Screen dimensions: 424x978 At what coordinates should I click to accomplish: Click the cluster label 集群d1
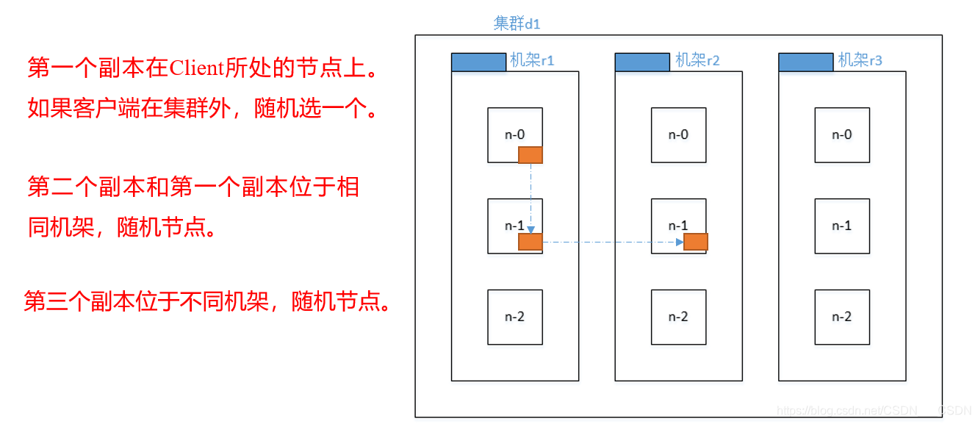coord(517,24)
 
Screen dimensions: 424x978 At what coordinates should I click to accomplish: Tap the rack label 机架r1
coord(532,60)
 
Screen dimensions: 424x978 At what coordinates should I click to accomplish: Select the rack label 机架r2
coord(697,60)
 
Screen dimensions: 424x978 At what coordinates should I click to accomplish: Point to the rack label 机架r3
coord(860,60)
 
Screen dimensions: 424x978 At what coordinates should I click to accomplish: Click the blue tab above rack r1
coord(478,62)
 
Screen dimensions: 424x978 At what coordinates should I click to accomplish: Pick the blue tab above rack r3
coord(806,62)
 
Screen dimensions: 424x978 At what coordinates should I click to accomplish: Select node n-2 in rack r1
coord(515,317)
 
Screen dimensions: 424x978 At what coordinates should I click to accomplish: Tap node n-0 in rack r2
coord(678,134)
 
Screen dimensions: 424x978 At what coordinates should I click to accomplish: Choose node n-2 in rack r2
coord(678,317)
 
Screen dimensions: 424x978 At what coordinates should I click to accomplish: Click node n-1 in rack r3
coord(842,226)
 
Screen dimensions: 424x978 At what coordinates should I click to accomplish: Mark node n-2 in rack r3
coord(842,317)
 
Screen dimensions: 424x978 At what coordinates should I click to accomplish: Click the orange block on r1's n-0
coord(531,154)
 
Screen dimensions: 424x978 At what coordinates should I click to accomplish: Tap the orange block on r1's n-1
coord(531,242)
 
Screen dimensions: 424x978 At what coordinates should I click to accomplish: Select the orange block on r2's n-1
coord(695,242)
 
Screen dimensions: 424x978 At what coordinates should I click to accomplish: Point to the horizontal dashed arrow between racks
coord(610,242)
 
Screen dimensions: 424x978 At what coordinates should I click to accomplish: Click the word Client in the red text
coord(196,68)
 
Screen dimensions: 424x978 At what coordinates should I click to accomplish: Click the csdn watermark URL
coord(874,411)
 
